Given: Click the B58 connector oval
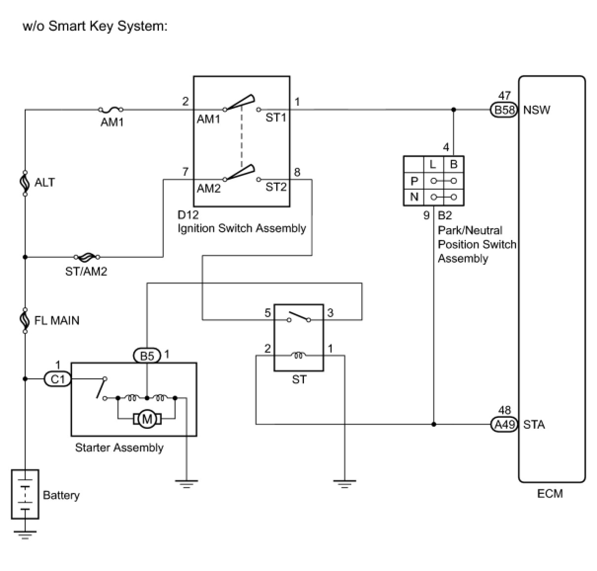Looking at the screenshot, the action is click(x=504, y=110).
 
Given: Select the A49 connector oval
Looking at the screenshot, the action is click(x=504, y=424).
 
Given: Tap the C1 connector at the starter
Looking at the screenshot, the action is click(x=58, y=379).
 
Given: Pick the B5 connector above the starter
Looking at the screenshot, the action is click(x=147, y=356).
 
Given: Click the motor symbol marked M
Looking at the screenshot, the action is click(x=147, y=419).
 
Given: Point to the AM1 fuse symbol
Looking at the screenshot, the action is click(x=111, y=109).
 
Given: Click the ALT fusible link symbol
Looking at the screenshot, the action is click(x=25, y=183).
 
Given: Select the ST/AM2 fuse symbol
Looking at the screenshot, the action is click(x=87, y=256).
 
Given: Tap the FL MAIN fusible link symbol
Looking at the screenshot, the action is click(x=25, y=321).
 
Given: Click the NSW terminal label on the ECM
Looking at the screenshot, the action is click(x=537, y=110).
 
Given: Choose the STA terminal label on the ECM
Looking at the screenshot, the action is click(x=534, y=424).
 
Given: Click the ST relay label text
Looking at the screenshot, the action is click(x=299, y=380).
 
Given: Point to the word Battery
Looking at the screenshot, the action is click(x=61, y=495).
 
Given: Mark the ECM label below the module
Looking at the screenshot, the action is click(x=550, y=493).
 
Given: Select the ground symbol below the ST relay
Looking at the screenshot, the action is click(x=344, y=484).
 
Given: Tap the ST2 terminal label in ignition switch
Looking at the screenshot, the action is click(x=276, y=187).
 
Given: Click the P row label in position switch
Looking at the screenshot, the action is click(x=414, y=181).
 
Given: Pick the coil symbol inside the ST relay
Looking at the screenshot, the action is click(x=298, y=355).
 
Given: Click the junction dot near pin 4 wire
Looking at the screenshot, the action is click(x=454, y=110).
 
